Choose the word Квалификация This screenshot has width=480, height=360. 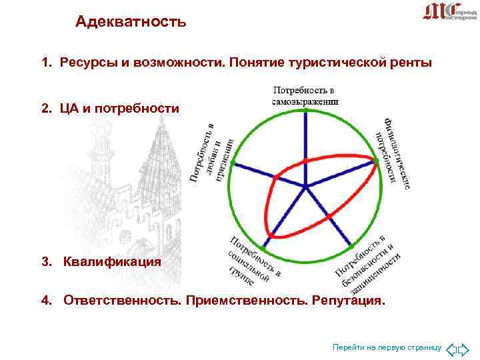[x=112, y=261]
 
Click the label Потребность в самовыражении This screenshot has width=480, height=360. [x=305, y=95]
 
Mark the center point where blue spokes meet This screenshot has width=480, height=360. [x=305, y=186]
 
